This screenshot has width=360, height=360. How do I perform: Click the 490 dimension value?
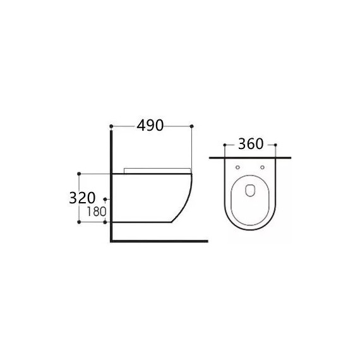point(150,126)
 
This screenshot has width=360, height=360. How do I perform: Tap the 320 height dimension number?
point(82,198)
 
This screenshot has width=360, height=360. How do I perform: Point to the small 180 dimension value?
point(95,212)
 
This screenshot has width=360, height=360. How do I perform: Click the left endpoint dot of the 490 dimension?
point(111,126)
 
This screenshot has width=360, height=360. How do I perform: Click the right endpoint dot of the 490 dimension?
point(191,126)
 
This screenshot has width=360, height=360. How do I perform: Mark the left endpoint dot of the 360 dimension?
point(225,145)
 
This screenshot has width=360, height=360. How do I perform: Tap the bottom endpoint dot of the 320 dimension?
point(79,222)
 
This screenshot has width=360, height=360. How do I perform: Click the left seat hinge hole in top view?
point(238,167)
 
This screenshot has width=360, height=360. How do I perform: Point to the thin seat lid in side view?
point(157,169)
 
